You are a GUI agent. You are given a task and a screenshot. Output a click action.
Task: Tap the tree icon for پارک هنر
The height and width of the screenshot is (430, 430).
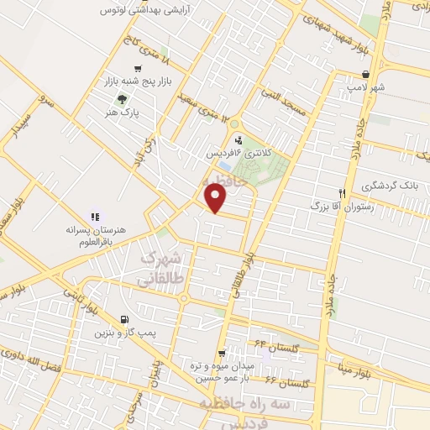[110, 98]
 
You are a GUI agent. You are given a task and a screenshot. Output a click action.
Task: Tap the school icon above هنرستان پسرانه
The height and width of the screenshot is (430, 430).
[95, 217]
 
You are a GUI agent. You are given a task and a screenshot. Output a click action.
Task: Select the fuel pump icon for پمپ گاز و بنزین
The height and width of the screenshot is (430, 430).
[125, 318]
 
